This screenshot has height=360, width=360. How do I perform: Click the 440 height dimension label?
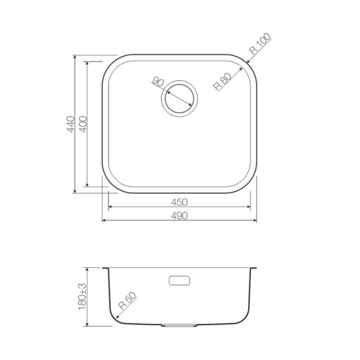(x=70, y=124)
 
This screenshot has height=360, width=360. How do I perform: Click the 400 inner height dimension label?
(x=83, y=124)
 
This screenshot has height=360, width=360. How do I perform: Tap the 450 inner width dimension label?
(x=179, y=202)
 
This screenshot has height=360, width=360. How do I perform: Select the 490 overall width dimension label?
(x=179, y=216)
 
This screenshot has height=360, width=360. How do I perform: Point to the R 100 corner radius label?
(x=260, y=44)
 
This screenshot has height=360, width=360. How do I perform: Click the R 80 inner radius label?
(x=223, y=82)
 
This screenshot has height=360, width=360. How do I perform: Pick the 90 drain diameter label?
(x=158, y=82)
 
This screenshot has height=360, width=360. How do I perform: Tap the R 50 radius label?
(x=127, y=301)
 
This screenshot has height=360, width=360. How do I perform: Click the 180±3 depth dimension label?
(x=82, y=297)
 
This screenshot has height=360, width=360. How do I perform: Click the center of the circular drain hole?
(x=179, y=98)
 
